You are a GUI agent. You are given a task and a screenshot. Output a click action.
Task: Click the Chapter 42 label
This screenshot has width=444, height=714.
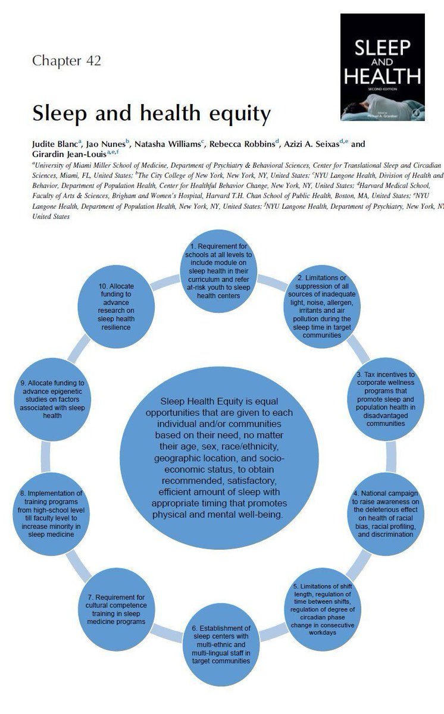point(67,61)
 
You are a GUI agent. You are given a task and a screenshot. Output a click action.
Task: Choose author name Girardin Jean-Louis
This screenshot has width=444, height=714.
point(64,153)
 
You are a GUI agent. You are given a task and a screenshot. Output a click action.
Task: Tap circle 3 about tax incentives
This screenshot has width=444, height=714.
point(385,398)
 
